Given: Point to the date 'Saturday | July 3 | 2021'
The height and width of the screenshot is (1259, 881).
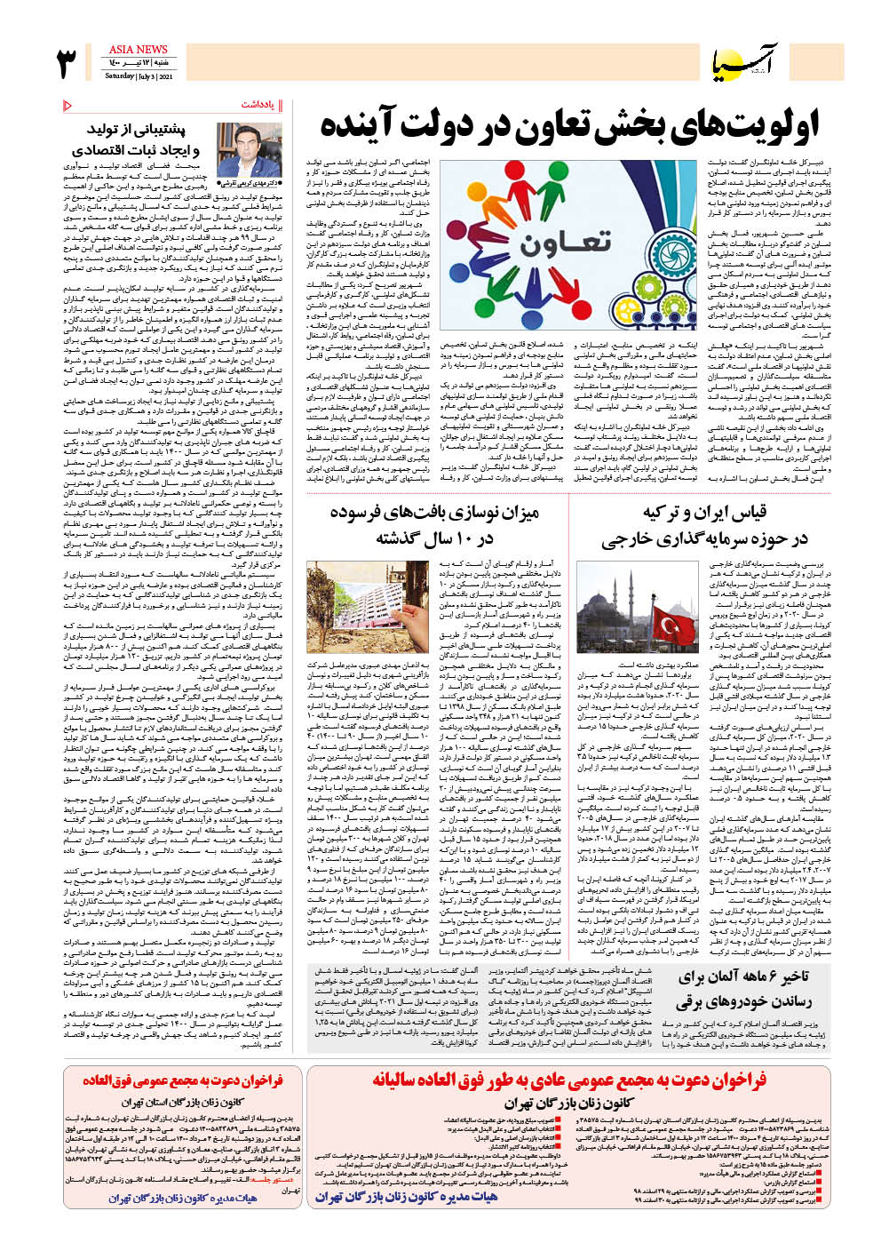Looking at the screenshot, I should pyautogui.click(x=139, y=76).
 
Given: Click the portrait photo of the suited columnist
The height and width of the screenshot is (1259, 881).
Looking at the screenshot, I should pyautogui.click(x=248, y=150).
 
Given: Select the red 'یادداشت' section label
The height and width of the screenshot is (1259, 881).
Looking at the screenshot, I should pyautogui.click(x=261, y=105).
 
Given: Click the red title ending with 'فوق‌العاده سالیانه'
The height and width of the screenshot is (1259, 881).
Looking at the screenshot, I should pyautogui.click(x=568, y=1080).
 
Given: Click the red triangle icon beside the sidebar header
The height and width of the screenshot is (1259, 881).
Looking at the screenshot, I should pyautogui.click(x=68, y=106).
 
